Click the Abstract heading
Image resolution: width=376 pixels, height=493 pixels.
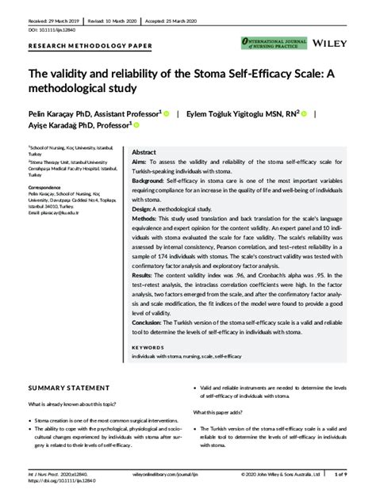pyautogui.click(x=144, y=151)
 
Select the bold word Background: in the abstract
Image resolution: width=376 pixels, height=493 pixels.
pyautogui.click(x=151, y=181)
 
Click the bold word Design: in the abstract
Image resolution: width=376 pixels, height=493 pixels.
pyautogui.click(x=143, y=209)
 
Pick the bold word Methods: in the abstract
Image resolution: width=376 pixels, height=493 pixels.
pyautogui.click(x=145, y=219)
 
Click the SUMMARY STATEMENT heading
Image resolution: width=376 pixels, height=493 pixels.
pyautogui.click(x=69, y=388)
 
